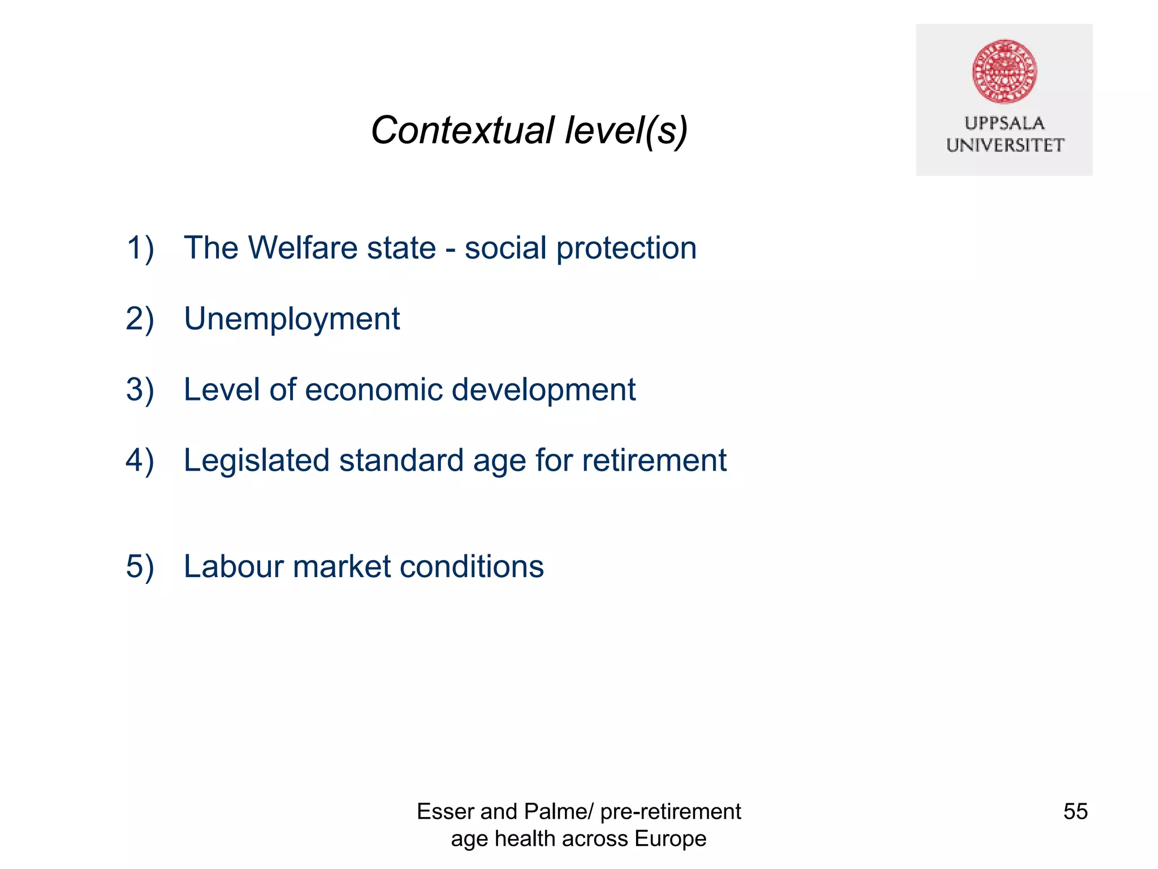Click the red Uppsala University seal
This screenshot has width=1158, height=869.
coord(1004,71)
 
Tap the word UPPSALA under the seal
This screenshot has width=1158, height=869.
coord(1004,123)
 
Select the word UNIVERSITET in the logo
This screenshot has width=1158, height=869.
coord(1005,145)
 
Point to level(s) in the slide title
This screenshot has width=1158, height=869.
coord(626,131)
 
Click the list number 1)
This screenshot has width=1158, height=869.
coord(140,248)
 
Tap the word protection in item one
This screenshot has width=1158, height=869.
coord(626,249)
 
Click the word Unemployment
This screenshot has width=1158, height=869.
coord(292,319)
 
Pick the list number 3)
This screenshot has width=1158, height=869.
coord(140,390)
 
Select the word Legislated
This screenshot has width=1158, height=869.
coord(256,461)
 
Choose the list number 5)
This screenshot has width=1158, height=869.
coord(140,567)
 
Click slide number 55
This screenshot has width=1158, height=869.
coord(1075,811)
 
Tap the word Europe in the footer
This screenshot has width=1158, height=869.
coord(671,838)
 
